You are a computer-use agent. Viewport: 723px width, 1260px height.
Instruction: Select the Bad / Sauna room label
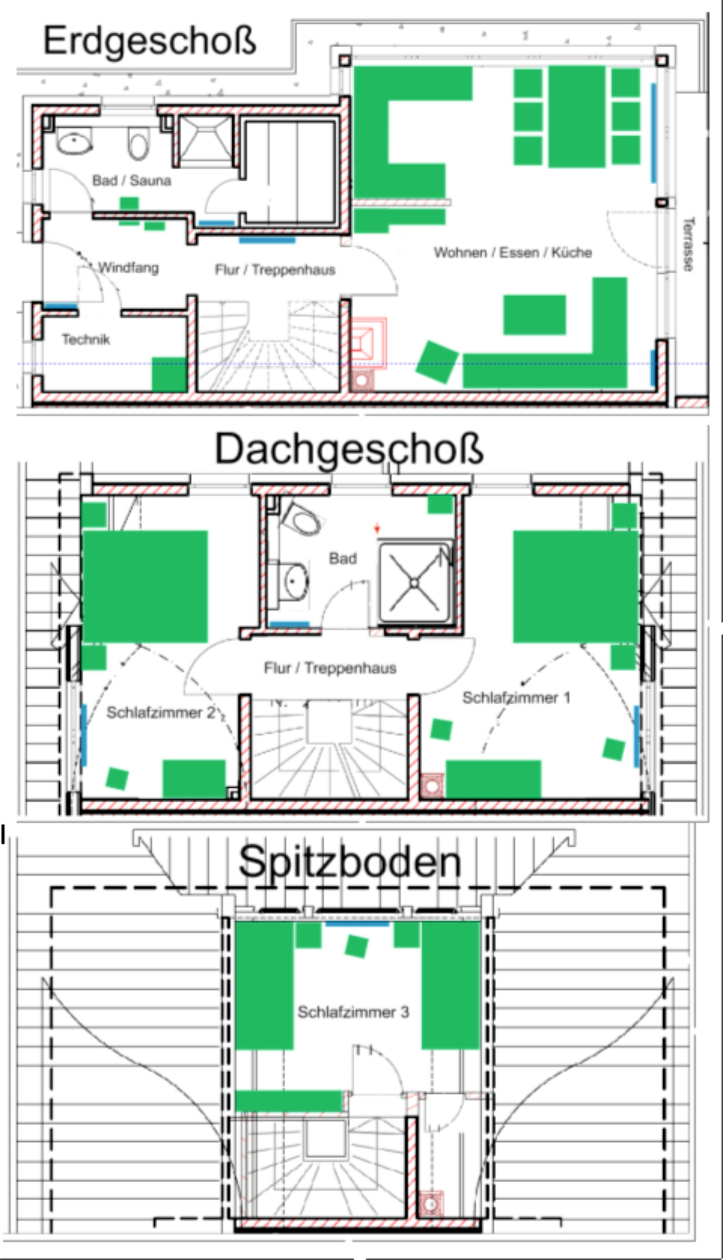pyautogui.click(x=132, y=180)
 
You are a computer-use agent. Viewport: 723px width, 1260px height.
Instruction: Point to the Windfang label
pyautogui.click(x=128, y=268)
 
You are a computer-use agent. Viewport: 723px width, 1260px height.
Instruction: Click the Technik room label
pyautogui.click(x=85, y=339)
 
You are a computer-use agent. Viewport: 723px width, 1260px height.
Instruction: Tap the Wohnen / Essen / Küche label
pyautogui.click(x=513, y=252)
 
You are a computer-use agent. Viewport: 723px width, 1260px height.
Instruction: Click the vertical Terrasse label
pyautogui.click(x=688, y=245)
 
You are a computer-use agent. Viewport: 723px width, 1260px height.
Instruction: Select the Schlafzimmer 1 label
pyautogui.click(x=516, y=698)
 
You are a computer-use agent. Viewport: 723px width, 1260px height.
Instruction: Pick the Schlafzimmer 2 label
pyautogui.click(x=161, y=712)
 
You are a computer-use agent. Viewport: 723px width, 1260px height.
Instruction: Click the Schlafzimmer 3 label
pyautogui.click(x=353, y=1012)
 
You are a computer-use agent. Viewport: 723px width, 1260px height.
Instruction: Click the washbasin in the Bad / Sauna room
pyautogui.click(x=75, y=141)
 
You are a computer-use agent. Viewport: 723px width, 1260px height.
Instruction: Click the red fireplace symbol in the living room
pyautogui.click(x=368, y=343)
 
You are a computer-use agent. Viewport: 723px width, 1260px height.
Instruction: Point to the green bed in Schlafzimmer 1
pyautogui.click(x=576, y=587)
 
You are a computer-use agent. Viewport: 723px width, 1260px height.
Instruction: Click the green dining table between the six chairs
pyautogui.click(x=576, y=117)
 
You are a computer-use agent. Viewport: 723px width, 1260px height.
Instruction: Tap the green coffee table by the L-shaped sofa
pyautogui.click(x=535, y=315)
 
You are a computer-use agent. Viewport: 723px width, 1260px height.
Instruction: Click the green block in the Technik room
pyautogui.click(x=169, y=374)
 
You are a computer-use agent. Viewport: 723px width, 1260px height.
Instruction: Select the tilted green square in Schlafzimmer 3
pyautogui.click(x=357, y=946)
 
